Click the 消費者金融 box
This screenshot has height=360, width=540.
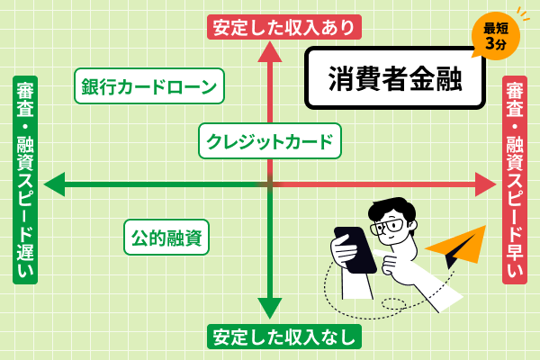point(395,78)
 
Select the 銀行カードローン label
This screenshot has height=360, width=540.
point(148,86)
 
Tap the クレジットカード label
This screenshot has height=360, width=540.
point(270,141)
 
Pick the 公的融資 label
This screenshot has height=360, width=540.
point(166,238)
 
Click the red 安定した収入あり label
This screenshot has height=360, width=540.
point(284,27)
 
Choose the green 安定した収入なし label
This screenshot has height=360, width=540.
point(284,337)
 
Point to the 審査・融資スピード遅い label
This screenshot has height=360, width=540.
point(25,180)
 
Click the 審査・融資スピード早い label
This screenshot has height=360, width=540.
point(515,180)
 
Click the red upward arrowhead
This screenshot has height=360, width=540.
point(270,51)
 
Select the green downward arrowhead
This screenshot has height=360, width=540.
point(270,308)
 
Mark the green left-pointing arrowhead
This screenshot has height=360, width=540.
point(54,184)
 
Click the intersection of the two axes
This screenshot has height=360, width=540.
point(270,184)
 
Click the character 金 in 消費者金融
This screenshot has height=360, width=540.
point(419,78)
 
